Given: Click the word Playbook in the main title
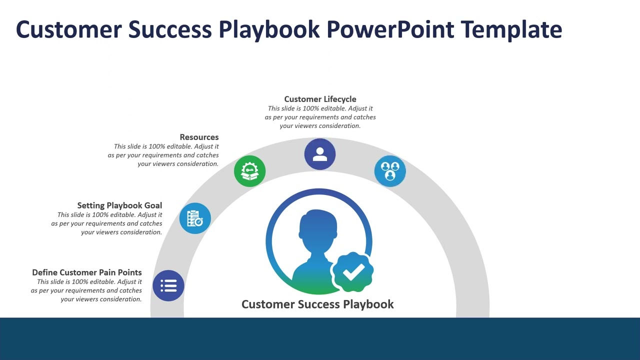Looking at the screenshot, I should click(269, 29).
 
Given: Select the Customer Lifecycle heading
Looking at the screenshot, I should click(320, 99).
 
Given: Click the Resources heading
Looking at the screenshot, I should click(199, 137).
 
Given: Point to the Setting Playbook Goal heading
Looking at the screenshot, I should click(119, 205).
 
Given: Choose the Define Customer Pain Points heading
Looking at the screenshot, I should click(87, 272).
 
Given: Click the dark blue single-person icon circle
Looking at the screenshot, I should click(320, 154).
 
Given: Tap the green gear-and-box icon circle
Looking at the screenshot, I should click(249, 171).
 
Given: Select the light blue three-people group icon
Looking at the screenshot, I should click(390, 171).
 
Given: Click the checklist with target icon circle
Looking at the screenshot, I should click(195, 218).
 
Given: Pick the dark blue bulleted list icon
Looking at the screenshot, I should click(168, 286).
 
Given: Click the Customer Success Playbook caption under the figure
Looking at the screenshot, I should click(317, 304).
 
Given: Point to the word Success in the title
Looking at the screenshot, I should click(170, 29).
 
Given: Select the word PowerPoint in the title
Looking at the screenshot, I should click(390, 29).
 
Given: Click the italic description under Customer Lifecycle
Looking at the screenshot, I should click(320, 117).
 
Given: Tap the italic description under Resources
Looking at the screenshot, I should click(163, 155).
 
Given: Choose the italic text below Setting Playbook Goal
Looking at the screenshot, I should click(107, 223).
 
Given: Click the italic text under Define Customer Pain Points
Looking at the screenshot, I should click(86, 290).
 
